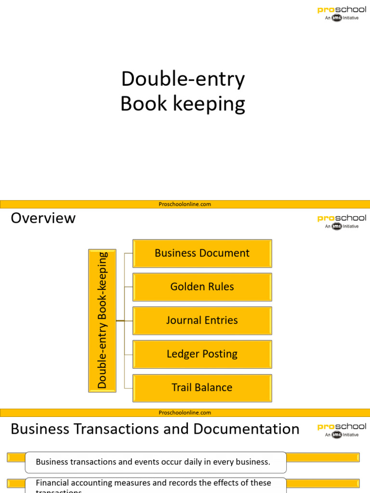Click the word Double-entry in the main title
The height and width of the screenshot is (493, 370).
point(183,79)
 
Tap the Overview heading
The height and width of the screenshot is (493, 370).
point(43,218)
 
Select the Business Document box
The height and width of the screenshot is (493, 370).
point(202,253)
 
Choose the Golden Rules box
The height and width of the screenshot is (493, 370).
point(202,287)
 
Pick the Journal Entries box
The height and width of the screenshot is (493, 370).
point(202,321)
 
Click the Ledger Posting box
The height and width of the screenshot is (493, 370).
point(202,354)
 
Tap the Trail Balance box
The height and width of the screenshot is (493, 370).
point(202,388)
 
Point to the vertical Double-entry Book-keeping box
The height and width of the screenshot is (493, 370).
point(102,321)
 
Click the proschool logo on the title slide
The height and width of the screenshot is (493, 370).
point(342,13)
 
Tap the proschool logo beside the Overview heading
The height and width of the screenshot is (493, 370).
point(342,222)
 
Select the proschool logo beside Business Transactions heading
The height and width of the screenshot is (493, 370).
point(342,430)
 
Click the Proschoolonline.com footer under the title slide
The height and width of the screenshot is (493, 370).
point(185,204)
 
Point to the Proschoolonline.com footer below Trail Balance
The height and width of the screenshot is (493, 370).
point(185,413)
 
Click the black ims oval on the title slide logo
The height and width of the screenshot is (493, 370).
point(337,18)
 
